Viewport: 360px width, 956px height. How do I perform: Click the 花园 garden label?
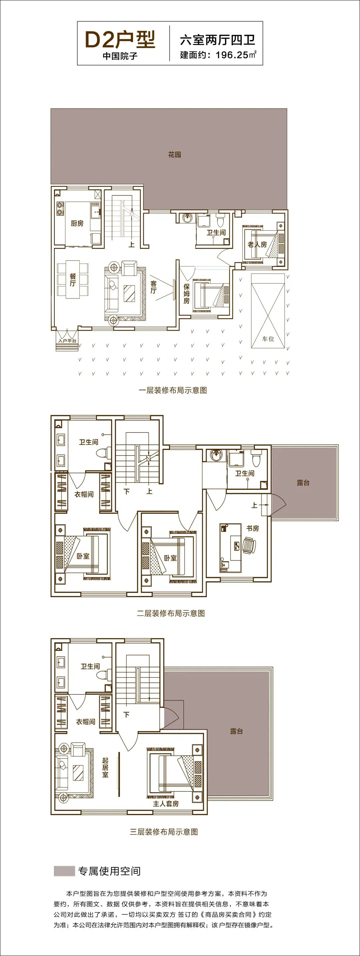coord(174,154)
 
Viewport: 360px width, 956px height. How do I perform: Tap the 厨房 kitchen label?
coord(77,223)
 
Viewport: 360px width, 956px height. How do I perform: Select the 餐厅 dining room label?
coord(73,280)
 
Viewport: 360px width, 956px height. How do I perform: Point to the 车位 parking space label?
coord(268,339)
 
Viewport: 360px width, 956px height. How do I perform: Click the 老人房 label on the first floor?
coord(257,245)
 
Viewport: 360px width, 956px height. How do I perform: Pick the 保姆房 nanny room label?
coord(186,294)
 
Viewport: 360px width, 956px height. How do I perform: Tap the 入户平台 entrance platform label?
coord(67,341)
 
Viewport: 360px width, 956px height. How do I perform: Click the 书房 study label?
coord(253,528)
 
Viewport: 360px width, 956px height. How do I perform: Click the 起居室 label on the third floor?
coord(105,767)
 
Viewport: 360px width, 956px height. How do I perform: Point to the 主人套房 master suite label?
coord(166,803)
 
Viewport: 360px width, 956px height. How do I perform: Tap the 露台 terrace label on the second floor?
coord(303,483)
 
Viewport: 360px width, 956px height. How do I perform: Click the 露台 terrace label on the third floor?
coord(236,731)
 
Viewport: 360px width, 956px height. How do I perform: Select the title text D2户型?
coord(120,40)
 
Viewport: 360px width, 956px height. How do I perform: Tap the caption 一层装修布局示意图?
coord(173,390)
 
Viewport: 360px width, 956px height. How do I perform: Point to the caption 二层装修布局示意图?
coord(171,613)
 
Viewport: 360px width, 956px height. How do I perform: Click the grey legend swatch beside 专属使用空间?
coord(64,871)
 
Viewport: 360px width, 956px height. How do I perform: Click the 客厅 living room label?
coord(153,287)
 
